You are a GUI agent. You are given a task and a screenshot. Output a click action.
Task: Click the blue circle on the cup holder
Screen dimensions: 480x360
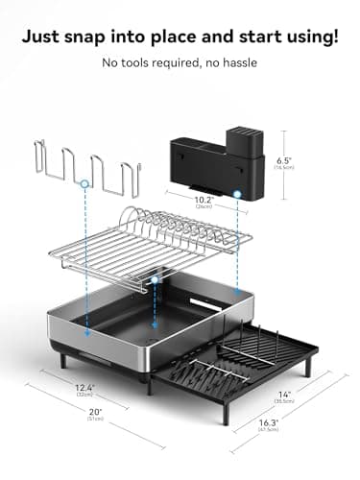pyautogui.click(x=85, y=181)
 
